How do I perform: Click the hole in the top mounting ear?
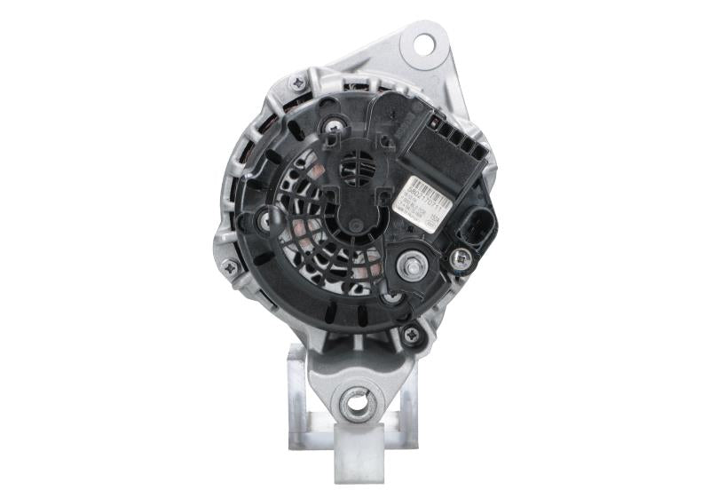(x=422, y=43)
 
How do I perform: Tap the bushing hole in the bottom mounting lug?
(x=357, y=403)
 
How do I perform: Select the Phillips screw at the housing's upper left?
(x=297, y=83)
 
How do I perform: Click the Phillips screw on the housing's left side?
(x=231, y=265)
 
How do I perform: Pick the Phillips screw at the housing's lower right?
(x=410, y=335)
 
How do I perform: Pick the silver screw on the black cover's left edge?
(x=265, y=221)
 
